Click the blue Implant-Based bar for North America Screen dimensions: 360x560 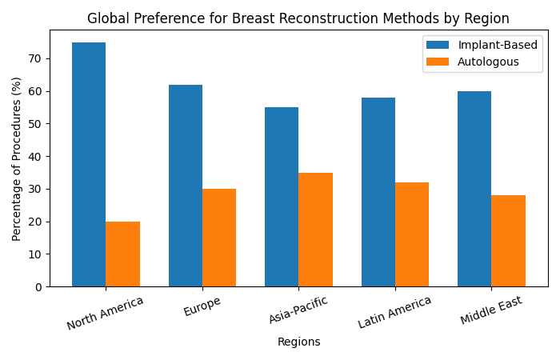point(89,164)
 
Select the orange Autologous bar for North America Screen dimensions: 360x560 point(122,254)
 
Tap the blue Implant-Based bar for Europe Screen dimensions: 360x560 point(186,186)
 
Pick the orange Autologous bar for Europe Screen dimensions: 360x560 point(219,238)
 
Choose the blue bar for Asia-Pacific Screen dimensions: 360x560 point(282,197)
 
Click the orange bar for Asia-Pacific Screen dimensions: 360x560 point(316,230)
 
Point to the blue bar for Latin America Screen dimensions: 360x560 point(378,192)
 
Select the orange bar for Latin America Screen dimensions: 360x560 point(412,234)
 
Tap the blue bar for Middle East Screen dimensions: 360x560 point(474,189)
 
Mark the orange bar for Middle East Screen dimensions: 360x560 point(509,241)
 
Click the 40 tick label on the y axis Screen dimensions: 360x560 point(38,156)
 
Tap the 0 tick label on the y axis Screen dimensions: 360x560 point(42,286)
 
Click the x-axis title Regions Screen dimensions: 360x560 point(298,342)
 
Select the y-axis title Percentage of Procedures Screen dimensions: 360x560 point(17,158)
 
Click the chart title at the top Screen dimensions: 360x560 point(298,18)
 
